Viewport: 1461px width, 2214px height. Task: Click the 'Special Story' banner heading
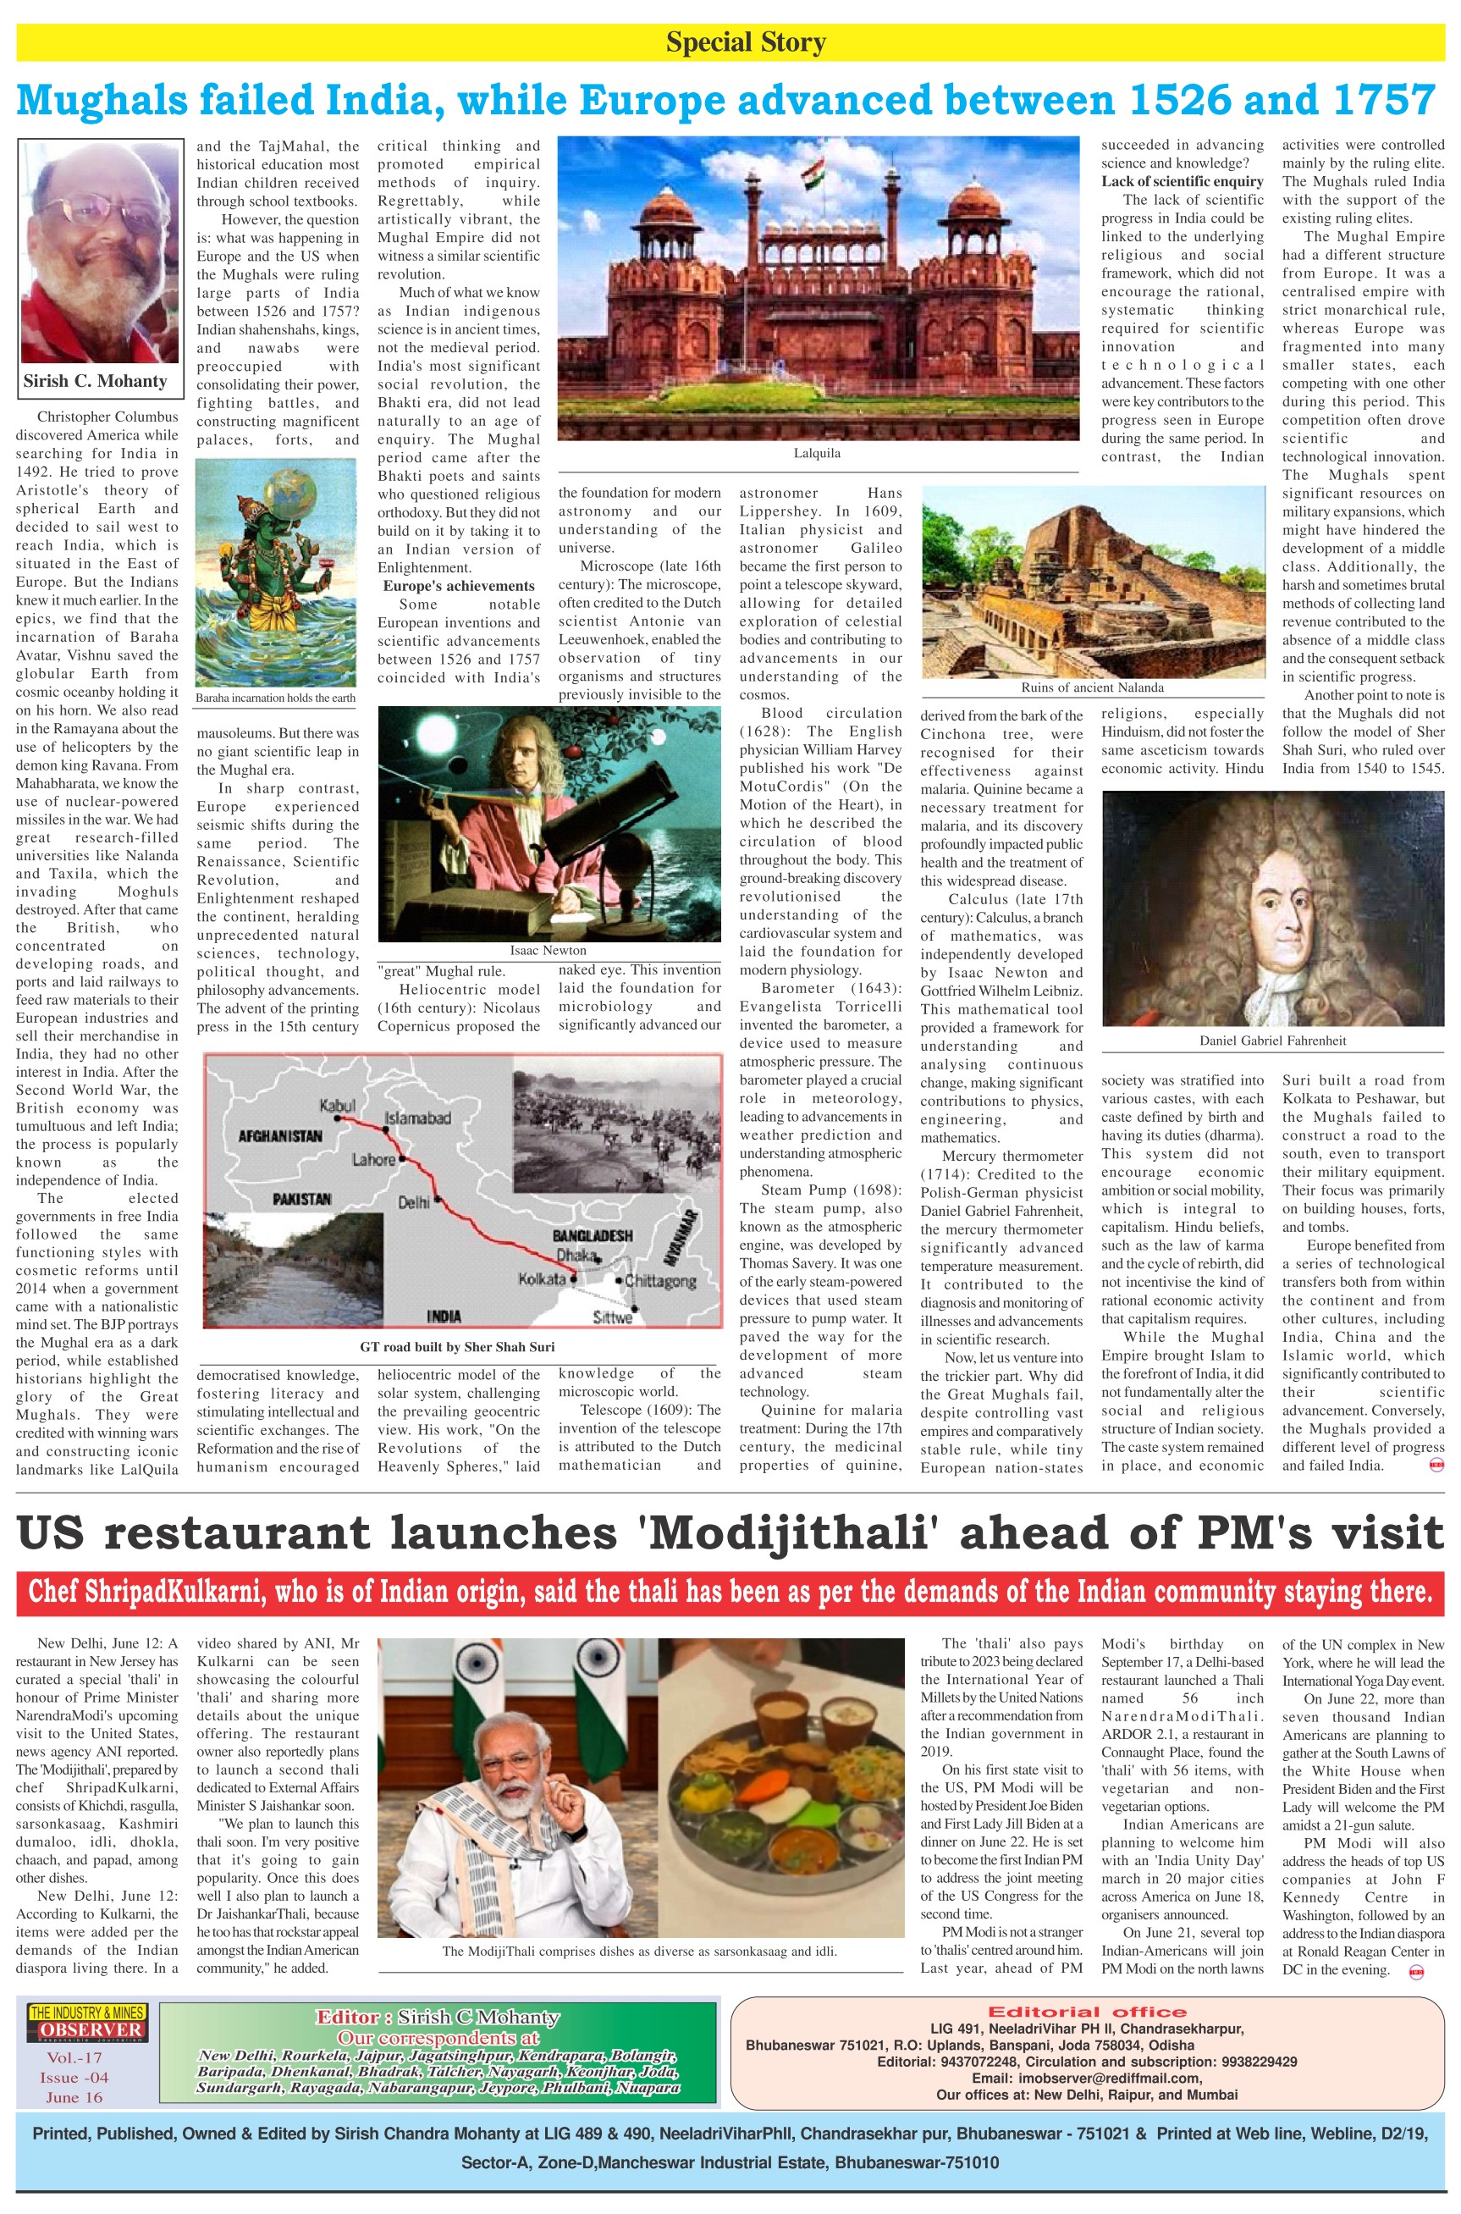tap(746, 43)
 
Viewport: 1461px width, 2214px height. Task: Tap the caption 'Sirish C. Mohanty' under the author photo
tap(95, 381)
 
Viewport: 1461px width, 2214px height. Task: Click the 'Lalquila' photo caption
tap(817, 454)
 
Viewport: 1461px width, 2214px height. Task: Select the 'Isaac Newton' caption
tap(548, 951)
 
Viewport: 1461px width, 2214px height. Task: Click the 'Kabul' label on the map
tap(337, 1105)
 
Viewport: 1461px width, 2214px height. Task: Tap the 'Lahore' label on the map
tap(373, 1160)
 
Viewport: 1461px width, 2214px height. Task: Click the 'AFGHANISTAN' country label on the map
tap(280, 1137)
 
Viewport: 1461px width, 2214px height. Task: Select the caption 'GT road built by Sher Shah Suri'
tap(456, 1346)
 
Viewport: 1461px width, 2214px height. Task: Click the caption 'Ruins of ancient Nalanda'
tap(1092, 687)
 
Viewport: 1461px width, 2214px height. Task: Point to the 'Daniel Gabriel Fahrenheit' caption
tap(1272, 1040)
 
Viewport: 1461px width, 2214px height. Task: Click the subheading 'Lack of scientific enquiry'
tap(1183, 182)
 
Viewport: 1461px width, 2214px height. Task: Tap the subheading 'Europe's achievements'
tap(459, 586)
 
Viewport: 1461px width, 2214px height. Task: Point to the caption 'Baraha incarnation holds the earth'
tap(276, 698)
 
